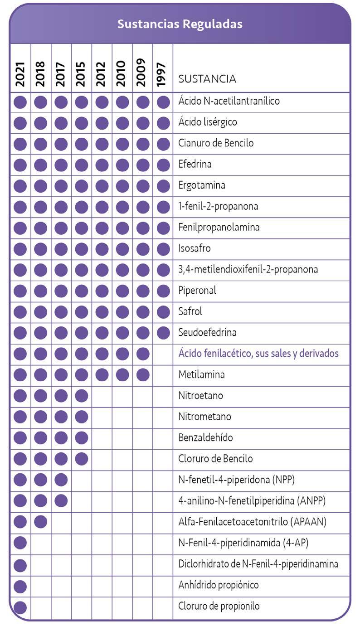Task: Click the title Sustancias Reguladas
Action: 180,24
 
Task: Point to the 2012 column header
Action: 102,74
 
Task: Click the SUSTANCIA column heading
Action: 207,79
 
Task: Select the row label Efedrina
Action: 195,164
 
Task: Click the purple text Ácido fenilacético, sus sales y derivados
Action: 258,354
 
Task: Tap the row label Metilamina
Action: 201,375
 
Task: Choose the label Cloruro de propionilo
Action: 219,606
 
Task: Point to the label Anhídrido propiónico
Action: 219,585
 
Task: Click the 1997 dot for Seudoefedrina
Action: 163,333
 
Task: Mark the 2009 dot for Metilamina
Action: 142,375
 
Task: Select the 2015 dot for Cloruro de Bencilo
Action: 81,459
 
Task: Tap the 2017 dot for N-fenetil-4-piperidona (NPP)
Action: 61,480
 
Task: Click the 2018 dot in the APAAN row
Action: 40,522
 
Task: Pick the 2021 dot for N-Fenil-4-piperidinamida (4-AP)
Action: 20,543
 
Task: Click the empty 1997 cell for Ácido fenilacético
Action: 163,354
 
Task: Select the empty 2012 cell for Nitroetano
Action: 102,396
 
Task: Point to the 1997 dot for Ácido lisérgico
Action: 163,122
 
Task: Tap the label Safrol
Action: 190,311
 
